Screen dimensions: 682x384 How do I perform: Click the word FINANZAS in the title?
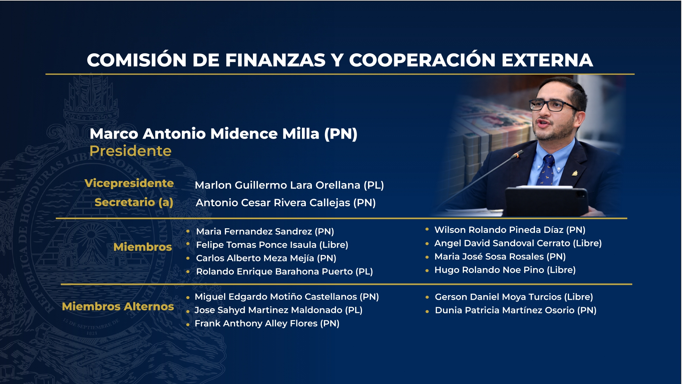(275, 60)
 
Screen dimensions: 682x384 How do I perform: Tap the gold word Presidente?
(130, 151)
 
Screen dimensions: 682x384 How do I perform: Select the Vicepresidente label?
(129, 183)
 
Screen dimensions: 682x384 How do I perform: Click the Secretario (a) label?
(134, 202)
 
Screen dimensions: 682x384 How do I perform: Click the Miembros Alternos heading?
(118, 306)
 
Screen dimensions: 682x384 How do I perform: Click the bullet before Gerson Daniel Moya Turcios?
(427, 298)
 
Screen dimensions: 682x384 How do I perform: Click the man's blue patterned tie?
(547, 170)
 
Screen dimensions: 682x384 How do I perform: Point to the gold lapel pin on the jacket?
(574, 174)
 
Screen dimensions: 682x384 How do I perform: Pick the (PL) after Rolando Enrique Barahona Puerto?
(364, 272)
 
